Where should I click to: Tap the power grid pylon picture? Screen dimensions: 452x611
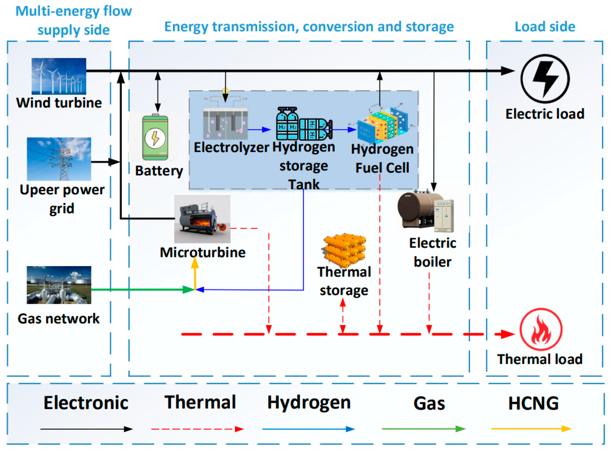59,159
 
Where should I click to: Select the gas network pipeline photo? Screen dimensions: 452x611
59,285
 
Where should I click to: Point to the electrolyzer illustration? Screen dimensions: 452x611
225,120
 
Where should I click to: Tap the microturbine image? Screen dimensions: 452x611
202,219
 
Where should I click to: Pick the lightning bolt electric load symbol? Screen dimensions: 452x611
545,79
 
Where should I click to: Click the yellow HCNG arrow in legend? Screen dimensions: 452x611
531,429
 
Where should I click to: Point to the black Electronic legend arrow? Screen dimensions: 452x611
86,429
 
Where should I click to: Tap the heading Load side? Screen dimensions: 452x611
545,27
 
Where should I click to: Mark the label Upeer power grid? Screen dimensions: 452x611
62,199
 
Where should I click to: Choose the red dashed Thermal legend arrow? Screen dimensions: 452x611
197,429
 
